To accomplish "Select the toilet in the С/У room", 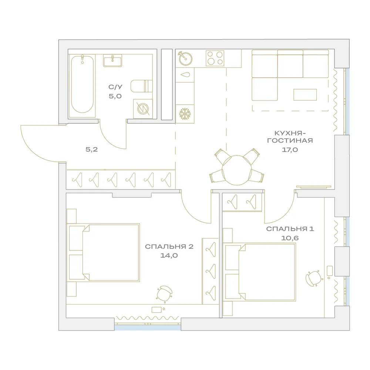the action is (142, 86).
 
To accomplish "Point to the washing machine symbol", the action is (143, 109).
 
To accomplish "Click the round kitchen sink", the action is (185, 58).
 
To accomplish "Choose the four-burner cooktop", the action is (215, 58).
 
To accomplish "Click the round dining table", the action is (237, 170).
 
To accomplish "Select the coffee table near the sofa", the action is (305, 95).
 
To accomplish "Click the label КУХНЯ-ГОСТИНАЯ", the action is (290, 137).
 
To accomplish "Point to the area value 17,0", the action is (290, 149).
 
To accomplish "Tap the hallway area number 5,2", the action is (91, 149).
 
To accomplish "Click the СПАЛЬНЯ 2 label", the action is (169, 246).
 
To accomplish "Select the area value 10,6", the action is (290, 238).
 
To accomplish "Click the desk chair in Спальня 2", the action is (164, 293).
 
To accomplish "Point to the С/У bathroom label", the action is (115, 87).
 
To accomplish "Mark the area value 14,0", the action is (169, 256).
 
